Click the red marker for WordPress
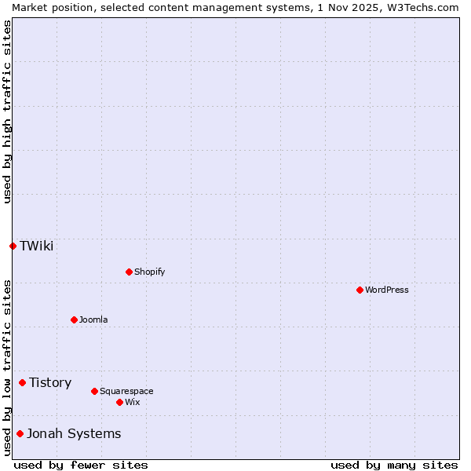[x=360, y=290]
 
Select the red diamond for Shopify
[x=129, y=272]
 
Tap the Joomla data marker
[x=74, y=319]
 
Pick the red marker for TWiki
[x=13, y=246]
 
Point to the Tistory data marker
[x=22, y=382]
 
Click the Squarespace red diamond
[x=94, y=391]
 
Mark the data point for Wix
[x=119, y=402]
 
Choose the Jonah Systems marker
[x=20, y=433]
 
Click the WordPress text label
[x=387, y=290]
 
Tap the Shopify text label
[x=150, y=272]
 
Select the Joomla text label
[x=93, y=319]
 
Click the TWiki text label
[x=37, y=246]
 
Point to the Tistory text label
[x=50, y=382]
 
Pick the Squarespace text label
[x=126, y=391]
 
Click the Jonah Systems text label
[x=74, y=433]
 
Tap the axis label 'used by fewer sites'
[x=81, y=465]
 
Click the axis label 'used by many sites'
[x=394, y=465]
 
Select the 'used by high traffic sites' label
[x=7, y=111]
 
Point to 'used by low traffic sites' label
[x=7, y=367]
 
